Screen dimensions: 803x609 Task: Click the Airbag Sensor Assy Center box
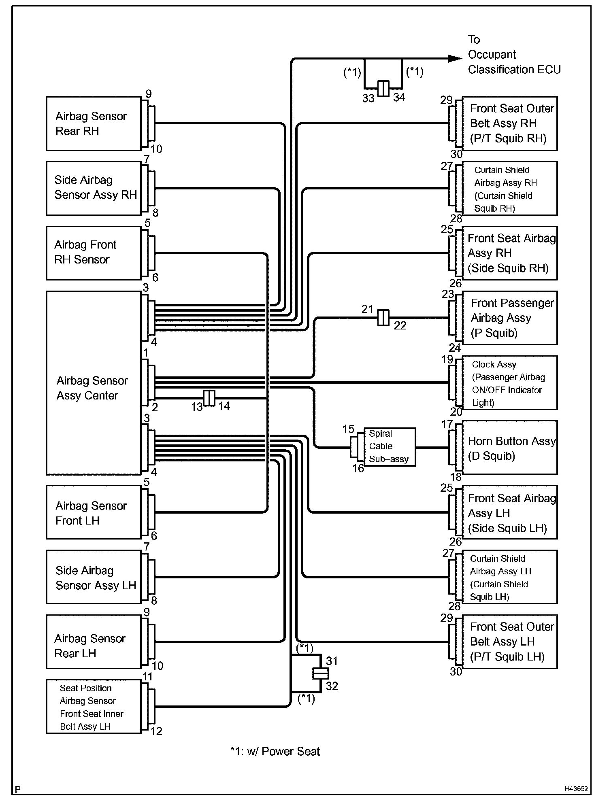point(94,383)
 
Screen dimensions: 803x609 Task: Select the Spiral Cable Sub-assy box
point(389,447)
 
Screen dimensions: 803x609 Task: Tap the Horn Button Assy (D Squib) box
point(510,447)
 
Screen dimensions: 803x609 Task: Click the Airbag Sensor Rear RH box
point(94,123)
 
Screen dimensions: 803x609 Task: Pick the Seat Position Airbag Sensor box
point(94,707)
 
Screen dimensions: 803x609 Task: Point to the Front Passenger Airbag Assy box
point(510,318)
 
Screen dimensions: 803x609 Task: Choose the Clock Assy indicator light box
point(510,383)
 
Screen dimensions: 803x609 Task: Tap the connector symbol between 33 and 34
point(383,88)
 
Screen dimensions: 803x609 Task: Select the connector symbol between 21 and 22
point(383,318)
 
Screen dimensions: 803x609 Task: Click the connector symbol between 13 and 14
point(209,398)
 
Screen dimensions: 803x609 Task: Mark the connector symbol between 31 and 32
point(320,673)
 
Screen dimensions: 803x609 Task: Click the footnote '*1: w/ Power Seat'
point(275,752)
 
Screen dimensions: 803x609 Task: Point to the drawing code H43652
point(576,789)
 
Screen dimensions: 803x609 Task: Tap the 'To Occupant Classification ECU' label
point(514,55)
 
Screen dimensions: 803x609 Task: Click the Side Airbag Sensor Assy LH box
point(94,577)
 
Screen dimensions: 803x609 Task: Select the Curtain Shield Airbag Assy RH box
point(510,189)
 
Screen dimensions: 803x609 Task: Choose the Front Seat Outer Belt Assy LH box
point(510,642)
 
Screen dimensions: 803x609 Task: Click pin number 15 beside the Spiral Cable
point(348,429)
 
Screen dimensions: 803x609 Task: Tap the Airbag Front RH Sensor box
point(94,253)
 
